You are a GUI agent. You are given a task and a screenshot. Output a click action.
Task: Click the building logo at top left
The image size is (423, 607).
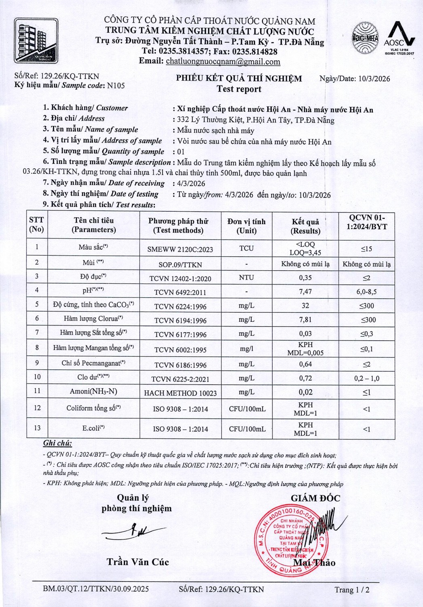click(36, 40)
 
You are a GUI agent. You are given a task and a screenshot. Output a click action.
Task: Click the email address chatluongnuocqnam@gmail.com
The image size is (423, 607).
click(223, 62)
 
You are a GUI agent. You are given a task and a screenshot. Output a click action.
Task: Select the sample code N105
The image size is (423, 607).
click(116, 85)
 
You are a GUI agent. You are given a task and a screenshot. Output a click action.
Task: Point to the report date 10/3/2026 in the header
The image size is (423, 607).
click(374, 79)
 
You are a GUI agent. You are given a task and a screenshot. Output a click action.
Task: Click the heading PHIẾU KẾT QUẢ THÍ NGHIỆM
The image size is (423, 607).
click(239, 79)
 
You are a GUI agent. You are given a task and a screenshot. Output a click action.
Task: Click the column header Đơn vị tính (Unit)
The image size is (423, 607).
click(246, 226)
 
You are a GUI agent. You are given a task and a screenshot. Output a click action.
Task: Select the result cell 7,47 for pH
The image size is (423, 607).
click(305, 291)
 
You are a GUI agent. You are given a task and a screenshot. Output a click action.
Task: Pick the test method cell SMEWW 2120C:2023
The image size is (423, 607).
click(180, 249)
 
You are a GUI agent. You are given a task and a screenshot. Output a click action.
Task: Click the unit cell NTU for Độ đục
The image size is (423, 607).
click(246, 278)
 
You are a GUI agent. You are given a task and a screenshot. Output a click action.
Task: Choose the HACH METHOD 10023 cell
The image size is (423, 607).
click(180, 393)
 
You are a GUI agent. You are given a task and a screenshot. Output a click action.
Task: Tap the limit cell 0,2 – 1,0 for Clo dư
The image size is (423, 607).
click(366, 379)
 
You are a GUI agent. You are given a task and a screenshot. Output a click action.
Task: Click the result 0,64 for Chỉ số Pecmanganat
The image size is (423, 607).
click(305, 364)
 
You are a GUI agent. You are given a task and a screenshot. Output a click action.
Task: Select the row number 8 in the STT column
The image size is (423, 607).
click(37, 348)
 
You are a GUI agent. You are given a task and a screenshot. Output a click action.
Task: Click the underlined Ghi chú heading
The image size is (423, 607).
click(57, 443)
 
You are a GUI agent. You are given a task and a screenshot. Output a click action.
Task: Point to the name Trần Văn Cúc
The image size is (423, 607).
click(137, 562)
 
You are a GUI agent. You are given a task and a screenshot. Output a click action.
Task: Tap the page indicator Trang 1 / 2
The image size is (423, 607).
click(352, 590)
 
